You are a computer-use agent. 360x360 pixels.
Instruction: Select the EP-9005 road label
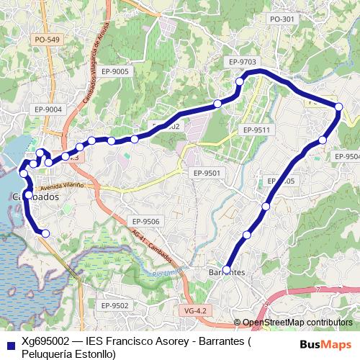[115, 71]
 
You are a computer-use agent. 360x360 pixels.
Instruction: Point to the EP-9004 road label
[49, 109]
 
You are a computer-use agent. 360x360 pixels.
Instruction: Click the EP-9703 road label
[241, 63]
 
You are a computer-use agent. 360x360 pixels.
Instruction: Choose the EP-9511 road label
[256, 130]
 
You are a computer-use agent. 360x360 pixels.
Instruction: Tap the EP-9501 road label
[207, 173]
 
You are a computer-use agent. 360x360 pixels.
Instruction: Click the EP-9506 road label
[145, 221]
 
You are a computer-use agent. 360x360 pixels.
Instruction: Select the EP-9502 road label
[114, 305]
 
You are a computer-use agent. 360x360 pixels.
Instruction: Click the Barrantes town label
[226, 273]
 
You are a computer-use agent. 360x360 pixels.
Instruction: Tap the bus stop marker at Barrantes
[227, 270]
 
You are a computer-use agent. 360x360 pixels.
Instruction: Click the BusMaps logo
[325, 344]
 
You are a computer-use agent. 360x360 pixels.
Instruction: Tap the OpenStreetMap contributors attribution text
[297, 322]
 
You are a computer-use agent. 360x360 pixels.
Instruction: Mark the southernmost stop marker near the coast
[45, 233]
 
